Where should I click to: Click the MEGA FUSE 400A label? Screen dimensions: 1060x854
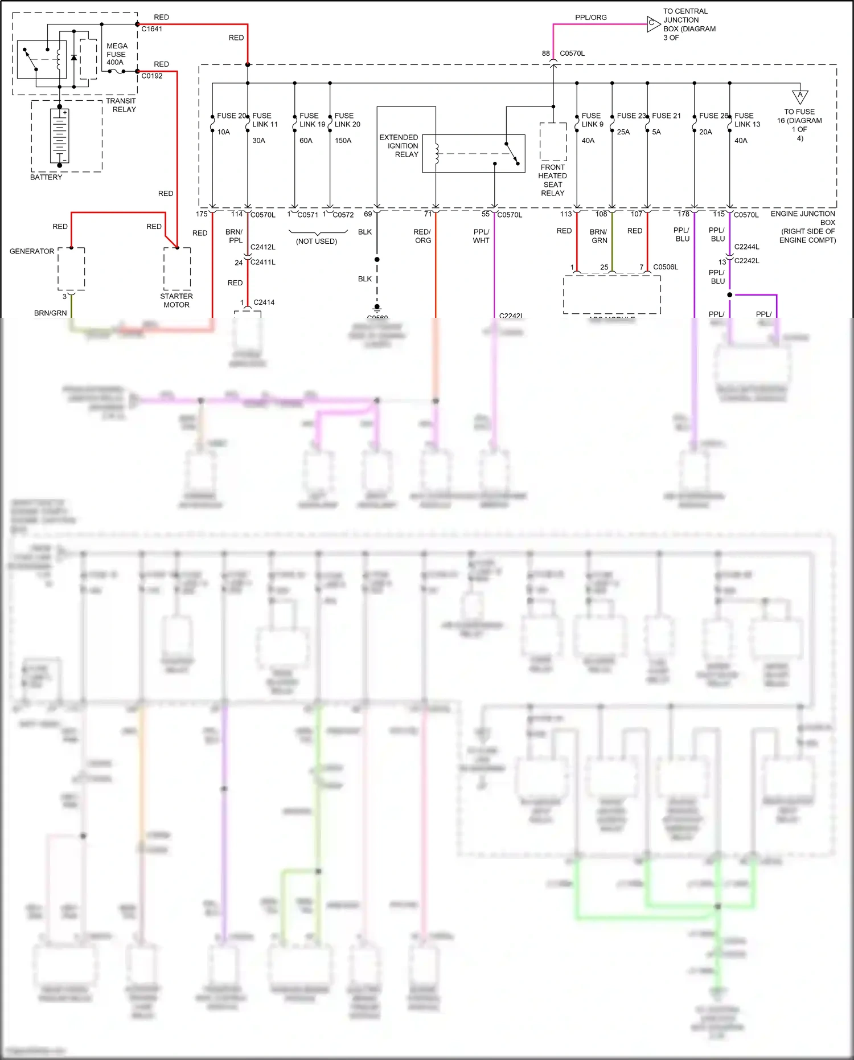pyautogui.click(x=117, y=54)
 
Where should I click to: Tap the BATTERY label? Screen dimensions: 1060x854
pyautogui.click(x=46, y=177)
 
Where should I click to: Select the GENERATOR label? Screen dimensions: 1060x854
pyautogui.click(x=32, y=251)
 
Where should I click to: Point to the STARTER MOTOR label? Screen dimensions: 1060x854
pyautogui.click(x=176, y=301)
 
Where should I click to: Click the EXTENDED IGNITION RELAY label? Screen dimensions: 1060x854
pyautogui.click(x=399, y=146)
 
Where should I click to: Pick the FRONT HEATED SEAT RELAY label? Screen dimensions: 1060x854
pyautogui.click(x=552, y=180)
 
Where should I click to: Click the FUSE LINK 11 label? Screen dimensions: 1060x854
pyautogui.click(x=265, y=120)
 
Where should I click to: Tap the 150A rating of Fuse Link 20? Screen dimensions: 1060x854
pyautogui.click(x=343, y=141)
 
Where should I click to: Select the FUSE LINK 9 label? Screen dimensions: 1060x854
pyautogui.click(x=592, y=120)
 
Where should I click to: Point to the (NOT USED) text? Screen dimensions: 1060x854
pyautogui.click(x=317, y=242)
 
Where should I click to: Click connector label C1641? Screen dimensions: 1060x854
pyautogui.click(x=152, y=29)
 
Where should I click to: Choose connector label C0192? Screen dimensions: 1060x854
pyautogui.click(x=152, y=76)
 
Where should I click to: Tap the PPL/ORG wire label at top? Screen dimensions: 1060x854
pyautogui.click(x=590, y=18)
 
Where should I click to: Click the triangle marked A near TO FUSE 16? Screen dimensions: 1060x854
pyautogui.click(x=800, y=96)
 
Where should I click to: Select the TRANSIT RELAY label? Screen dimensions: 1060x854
pyautogui.click(x=121, y=105)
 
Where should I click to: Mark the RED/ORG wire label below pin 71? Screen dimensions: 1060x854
pyautogui.click(x=422, y=236)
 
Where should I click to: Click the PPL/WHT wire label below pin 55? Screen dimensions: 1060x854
pyautogui.click(x=481, y=236)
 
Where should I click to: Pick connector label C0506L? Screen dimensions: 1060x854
pyautogui.click(x=666, y=267)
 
